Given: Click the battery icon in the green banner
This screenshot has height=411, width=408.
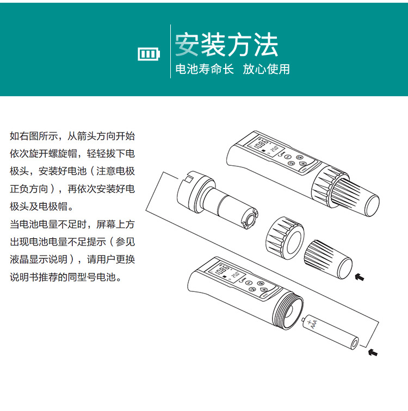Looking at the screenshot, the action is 149,54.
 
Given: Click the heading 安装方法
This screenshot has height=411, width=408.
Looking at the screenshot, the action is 226,45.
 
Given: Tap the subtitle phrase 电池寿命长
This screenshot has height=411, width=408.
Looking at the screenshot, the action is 205,69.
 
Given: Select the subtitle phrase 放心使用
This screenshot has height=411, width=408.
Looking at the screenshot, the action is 266,69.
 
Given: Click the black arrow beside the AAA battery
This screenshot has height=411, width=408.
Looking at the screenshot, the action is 373,352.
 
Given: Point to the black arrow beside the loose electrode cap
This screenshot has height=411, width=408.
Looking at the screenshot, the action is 359,277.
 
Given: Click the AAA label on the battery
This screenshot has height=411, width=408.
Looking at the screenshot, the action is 313,325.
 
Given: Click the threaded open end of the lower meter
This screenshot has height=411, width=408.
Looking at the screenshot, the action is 288,310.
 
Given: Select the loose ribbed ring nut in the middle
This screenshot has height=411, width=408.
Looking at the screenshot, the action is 285,238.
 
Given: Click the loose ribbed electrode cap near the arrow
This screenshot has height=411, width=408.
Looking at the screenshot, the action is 328,259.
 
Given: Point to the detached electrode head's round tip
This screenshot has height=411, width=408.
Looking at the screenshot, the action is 250,218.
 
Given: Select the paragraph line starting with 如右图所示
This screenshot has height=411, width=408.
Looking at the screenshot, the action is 72,136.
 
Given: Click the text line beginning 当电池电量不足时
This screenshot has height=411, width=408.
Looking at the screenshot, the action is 72,224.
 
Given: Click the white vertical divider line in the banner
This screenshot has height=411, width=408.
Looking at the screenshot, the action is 170,51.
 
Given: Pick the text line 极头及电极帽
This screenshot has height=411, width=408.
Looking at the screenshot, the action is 41,207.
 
